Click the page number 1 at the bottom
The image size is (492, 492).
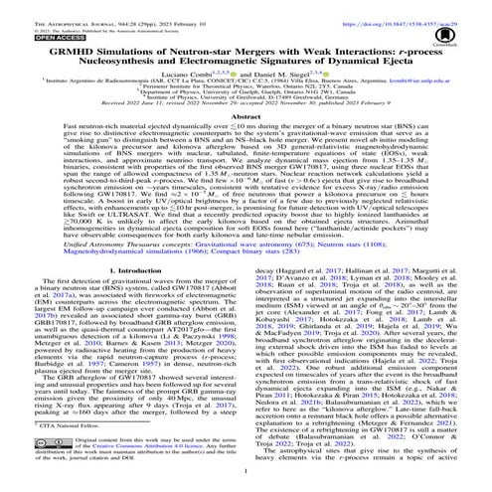pos(246,487)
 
